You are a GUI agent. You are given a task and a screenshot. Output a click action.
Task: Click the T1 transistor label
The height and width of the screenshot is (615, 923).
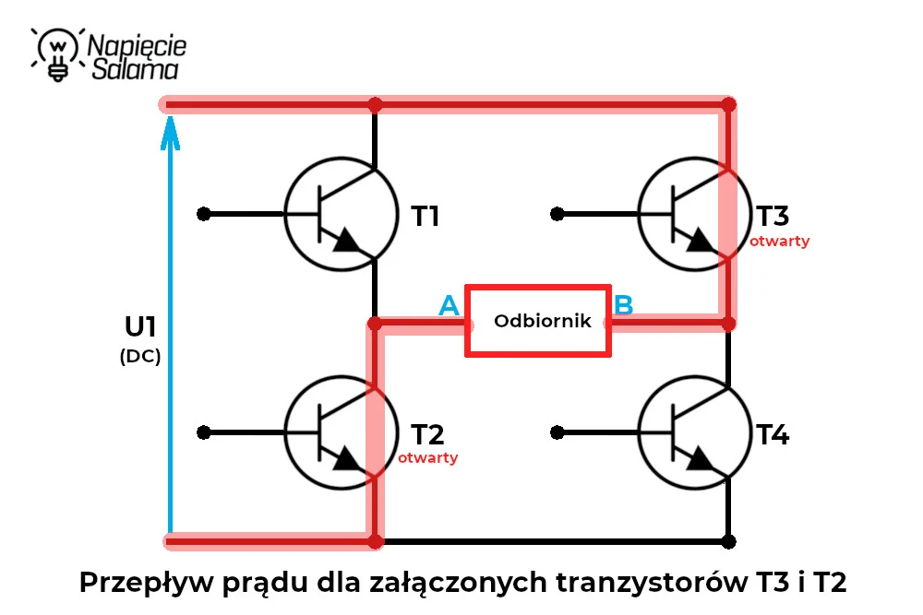(425, 216)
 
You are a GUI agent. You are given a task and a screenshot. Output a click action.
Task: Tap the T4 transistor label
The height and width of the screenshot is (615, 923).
(773, 434)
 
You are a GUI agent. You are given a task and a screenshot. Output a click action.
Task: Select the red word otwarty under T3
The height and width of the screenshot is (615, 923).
(779, 241)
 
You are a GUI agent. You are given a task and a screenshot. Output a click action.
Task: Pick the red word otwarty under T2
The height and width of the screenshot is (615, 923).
(428, 457)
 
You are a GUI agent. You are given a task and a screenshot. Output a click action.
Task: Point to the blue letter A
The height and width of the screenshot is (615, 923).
(450, 305)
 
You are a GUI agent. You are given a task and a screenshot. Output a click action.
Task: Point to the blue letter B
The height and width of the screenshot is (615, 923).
(623, 305)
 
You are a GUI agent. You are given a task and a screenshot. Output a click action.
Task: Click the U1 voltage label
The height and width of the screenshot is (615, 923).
(140, 327)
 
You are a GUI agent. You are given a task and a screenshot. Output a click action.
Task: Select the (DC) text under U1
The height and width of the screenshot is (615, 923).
(140, 356)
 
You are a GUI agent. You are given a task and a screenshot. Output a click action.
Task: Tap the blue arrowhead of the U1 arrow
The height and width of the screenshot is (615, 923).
(170, 133)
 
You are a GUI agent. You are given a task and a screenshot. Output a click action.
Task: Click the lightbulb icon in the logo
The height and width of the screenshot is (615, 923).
(57, 54)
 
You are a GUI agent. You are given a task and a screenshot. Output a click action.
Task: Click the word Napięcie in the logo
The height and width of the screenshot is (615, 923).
(137, 46)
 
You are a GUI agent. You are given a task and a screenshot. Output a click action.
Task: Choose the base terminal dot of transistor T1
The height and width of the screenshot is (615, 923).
(204, 214)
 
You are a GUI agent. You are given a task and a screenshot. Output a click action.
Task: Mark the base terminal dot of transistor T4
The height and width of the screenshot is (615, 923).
(557, 433)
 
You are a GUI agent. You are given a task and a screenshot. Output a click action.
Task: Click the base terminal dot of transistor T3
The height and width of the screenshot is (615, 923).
(557, 214)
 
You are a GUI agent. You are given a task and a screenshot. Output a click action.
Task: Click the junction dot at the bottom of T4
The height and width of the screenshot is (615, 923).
(729, 541)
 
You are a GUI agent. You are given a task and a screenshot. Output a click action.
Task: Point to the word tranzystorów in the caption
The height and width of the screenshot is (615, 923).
(652, 583)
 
